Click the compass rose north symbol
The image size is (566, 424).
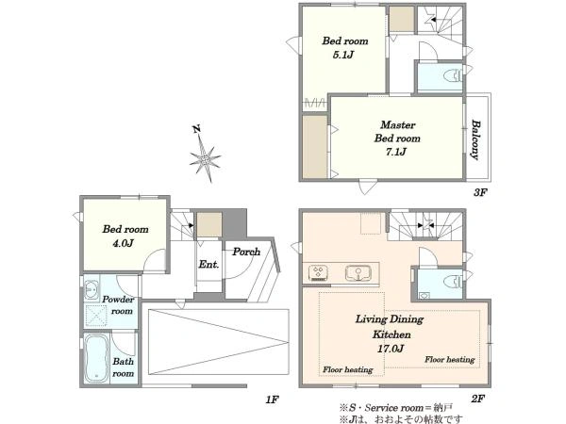click(x=205, y=155)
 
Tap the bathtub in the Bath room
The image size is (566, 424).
click(x=97, y=358)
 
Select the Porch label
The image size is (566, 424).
click(x=246, y=252)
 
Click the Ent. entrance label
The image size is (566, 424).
click(x=208, y=264)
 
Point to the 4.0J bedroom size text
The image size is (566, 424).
click(x=123, y=243)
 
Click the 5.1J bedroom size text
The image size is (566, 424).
click(x=343, y=55)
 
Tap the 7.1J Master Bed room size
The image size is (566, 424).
click(x=395, y=152)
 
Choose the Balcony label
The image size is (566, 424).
click(x=476, y=139)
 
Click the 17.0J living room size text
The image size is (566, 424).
click(x=391, y=349)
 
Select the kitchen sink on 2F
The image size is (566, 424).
click(x=358, y=273)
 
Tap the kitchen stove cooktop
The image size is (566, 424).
click(x=319, y=273)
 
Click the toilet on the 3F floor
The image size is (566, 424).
click(x=453, y=76)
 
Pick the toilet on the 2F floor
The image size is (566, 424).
click(x=453, y=282)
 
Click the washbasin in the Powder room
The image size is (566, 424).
click(x=91, y=289)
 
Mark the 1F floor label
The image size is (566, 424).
click(x=273, y=400)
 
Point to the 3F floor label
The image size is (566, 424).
click(x=480, y=192)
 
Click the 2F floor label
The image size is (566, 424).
click(x=477, y=399)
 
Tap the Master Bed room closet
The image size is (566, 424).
click(x=315, y=147)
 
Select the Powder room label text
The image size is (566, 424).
click(x=118, y=305)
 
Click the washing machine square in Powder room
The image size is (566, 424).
click(x=95, y=316)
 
